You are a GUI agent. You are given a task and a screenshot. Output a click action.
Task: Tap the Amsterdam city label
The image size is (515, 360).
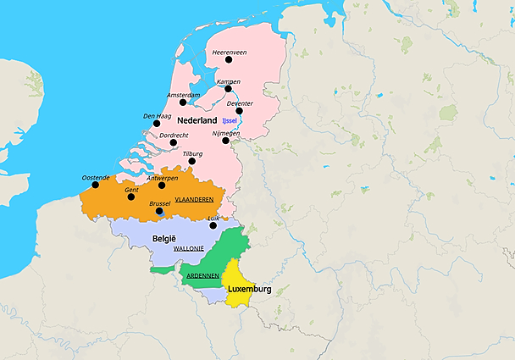[x=184, y=95]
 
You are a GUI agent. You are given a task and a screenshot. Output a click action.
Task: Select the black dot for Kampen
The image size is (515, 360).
[x=228, y=88]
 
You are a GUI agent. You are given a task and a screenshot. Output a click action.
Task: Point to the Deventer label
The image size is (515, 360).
[x=241, y=103]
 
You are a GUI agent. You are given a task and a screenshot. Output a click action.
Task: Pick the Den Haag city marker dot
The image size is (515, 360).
[x=156, y=123]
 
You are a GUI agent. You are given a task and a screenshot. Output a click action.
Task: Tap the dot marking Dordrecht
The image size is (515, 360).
[x=174, y=142]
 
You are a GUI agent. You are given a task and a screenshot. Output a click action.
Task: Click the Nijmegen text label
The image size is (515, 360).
[x=225, y=133]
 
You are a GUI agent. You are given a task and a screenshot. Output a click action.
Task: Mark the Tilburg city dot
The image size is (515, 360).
[x=192, y=161]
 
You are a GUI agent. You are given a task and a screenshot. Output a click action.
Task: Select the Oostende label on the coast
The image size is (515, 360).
[x=96, y=177]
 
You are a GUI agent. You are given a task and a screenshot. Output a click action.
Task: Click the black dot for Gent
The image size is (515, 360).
[x=130, y=197]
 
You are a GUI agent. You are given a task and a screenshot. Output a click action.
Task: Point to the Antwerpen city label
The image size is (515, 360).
[x=162, y=178]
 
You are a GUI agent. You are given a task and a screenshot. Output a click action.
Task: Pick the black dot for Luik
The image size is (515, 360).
[x=213, y=225]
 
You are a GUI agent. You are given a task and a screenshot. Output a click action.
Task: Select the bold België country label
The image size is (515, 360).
[x=163, y=239]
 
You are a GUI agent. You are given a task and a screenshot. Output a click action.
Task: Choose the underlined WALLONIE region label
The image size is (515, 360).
[x=188, y=249]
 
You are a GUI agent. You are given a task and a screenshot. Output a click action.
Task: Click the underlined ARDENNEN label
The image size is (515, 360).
[x=203, y=275]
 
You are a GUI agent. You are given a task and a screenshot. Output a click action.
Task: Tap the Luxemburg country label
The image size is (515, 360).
[x=249, y=289]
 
